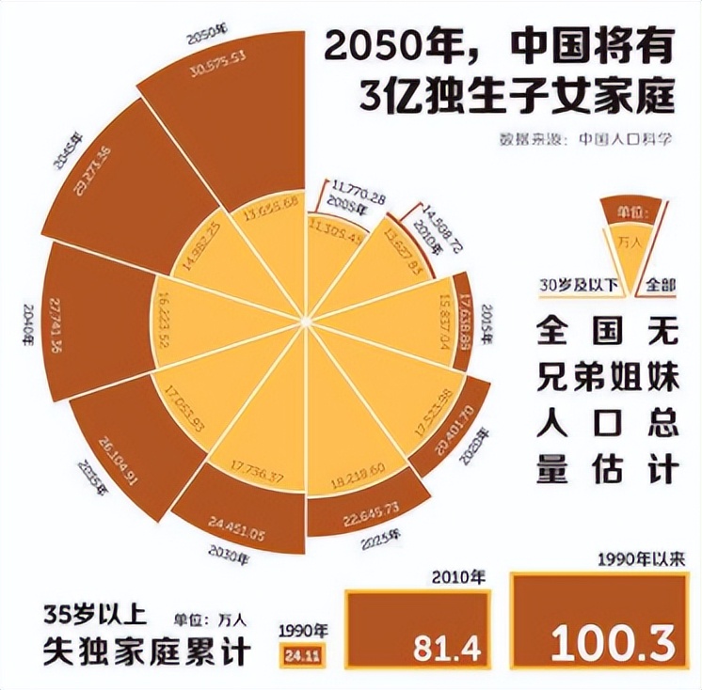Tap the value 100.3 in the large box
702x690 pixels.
[613, 643]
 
